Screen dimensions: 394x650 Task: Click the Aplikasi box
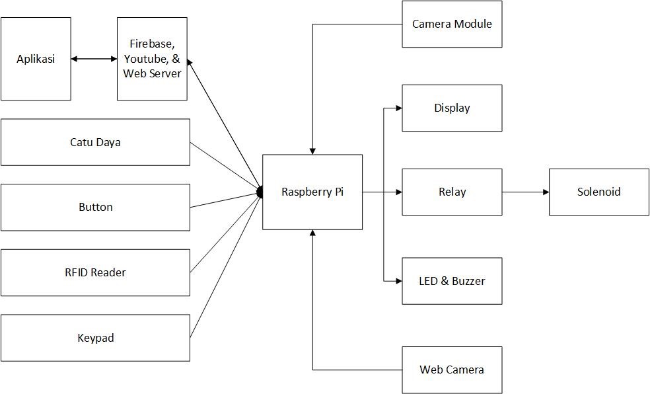click(36, 59)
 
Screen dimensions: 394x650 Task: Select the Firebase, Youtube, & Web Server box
click(152, 59)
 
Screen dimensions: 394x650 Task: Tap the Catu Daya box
click(95, 142)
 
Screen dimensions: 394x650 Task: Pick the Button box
click(95, 207)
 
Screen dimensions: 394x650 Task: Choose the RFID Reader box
click(95, 272)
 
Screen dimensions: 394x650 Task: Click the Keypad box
click(95, 338)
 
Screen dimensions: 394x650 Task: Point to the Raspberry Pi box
click(312, 192)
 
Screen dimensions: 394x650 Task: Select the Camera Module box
click(452, 24)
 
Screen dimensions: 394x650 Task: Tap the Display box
click(452, 108)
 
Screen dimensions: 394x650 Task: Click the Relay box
click(452, 192)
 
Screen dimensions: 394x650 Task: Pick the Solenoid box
click(599, 192)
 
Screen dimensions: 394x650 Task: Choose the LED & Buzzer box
click(452, 281)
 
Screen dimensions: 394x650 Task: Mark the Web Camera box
click(452, 370)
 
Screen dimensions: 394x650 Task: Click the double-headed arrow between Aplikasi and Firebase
click(94, 59)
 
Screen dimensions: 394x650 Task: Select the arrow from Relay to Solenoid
click(525, 192)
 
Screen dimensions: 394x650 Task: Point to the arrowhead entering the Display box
click(398, 108)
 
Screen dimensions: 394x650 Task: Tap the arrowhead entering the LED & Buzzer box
click(398, 281)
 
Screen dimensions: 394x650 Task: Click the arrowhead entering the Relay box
click(398, 192)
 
